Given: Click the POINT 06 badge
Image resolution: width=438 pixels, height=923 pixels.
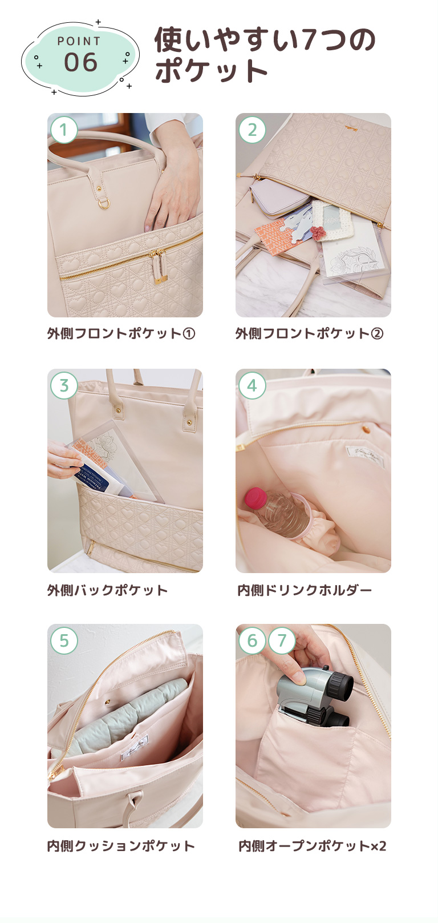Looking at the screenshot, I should (80, 57).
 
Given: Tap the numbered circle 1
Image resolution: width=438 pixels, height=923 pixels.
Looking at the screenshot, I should (64, 130).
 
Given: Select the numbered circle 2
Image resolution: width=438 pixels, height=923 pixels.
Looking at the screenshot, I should (252, 130).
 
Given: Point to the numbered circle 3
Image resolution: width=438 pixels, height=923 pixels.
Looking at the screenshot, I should (64, 386).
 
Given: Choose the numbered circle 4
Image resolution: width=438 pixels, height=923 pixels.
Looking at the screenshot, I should (252, 386).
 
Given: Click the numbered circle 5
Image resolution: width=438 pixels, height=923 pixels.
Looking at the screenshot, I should (64, 640).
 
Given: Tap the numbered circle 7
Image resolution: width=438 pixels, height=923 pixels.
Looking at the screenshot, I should (282, 640).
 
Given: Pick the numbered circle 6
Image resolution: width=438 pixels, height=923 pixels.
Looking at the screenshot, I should (252, 640).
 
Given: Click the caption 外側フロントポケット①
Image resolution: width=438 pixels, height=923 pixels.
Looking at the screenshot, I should (121, 334).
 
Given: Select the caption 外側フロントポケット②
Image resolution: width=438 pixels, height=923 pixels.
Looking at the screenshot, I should (309, 334).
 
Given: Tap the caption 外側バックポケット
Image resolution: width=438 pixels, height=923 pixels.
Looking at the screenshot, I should (107, 590).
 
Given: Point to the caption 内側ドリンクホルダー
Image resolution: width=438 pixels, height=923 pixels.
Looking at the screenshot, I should (305, 590).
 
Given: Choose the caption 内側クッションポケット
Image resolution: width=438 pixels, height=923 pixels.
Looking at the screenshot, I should (121, 846).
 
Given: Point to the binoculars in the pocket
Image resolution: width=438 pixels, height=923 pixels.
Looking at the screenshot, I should (313, 698).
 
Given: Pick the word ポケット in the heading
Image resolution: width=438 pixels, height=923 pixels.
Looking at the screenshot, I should (212, 72).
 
